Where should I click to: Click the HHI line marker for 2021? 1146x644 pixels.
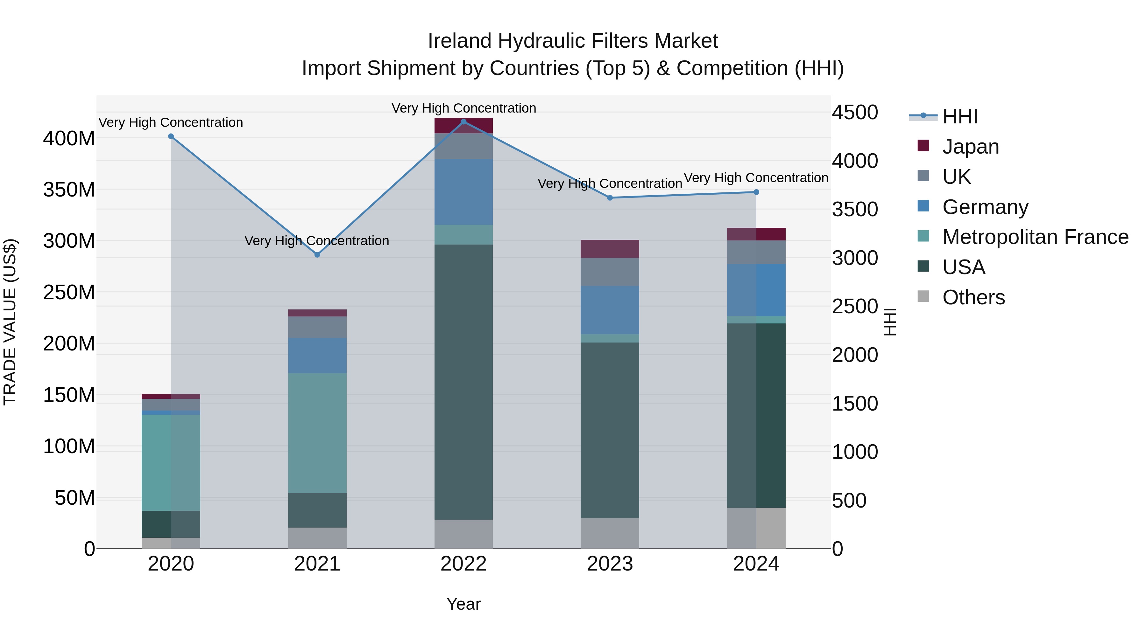317,255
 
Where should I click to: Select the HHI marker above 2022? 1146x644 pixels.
463,122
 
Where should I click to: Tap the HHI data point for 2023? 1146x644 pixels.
610,198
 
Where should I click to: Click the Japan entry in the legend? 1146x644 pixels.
970,147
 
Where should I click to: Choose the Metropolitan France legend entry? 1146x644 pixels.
1035,237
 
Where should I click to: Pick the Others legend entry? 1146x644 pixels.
973,297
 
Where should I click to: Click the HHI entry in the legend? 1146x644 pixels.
959,116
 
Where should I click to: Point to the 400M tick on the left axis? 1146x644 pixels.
69,139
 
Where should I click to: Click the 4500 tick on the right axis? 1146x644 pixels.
855,113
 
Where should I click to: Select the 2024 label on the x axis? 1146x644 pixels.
756,564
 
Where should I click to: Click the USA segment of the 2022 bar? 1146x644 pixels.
463,382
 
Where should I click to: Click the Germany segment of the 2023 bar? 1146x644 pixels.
610,310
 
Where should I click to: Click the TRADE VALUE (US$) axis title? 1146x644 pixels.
10,322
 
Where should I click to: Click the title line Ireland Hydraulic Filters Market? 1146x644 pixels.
573,41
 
